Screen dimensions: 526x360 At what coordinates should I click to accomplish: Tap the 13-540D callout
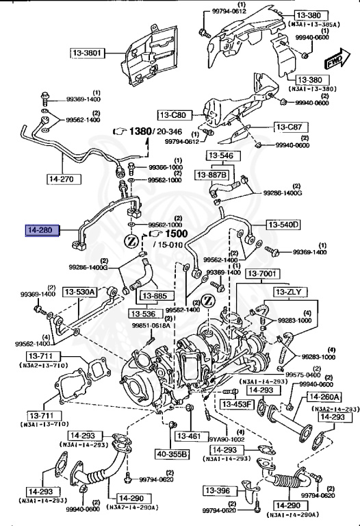[283, 225]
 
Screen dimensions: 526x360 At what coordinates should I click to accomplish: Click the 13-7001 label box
[262, 274]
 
